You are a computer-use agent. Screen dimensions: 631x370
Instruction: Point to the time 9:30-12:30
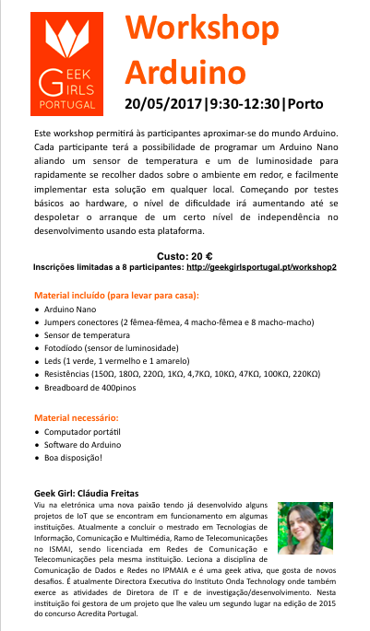(x=246, y=102)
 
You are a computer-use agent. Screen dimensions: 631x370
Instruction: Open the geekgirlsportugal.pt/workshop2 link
(x=261, y=266)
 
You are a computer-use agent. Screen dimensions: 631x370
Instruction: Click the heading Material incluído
(x=116, y=296)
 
